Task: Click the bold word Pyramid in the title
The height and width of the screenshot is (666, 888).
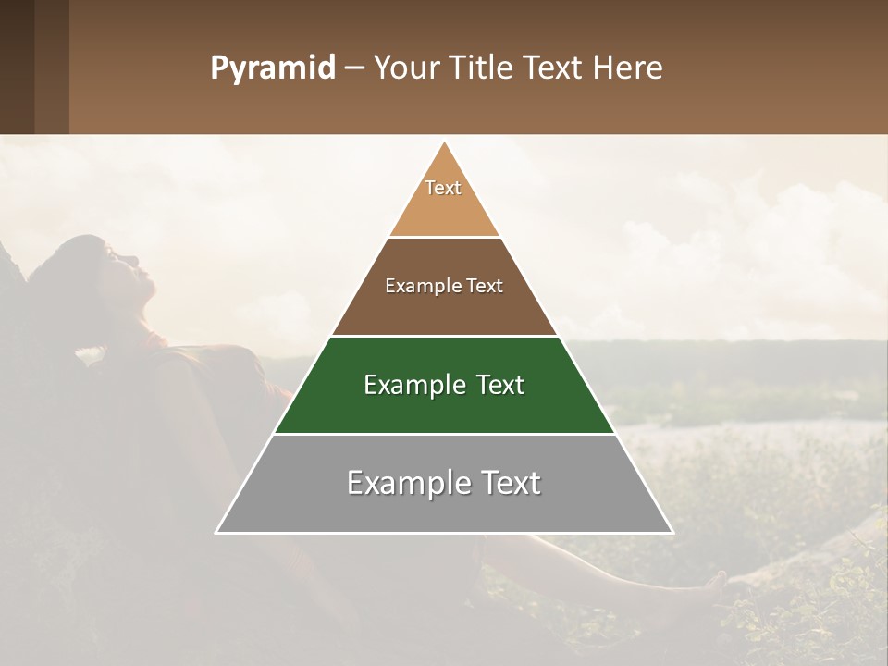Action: pos(272,68)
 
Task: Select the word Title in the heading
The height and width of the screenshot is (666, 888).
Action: pos(482,68)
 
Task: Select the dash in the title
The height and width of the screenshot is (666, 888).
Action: pos(353,68)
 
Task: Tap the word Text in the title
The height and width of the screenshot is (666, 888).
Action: pos(552,68)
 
